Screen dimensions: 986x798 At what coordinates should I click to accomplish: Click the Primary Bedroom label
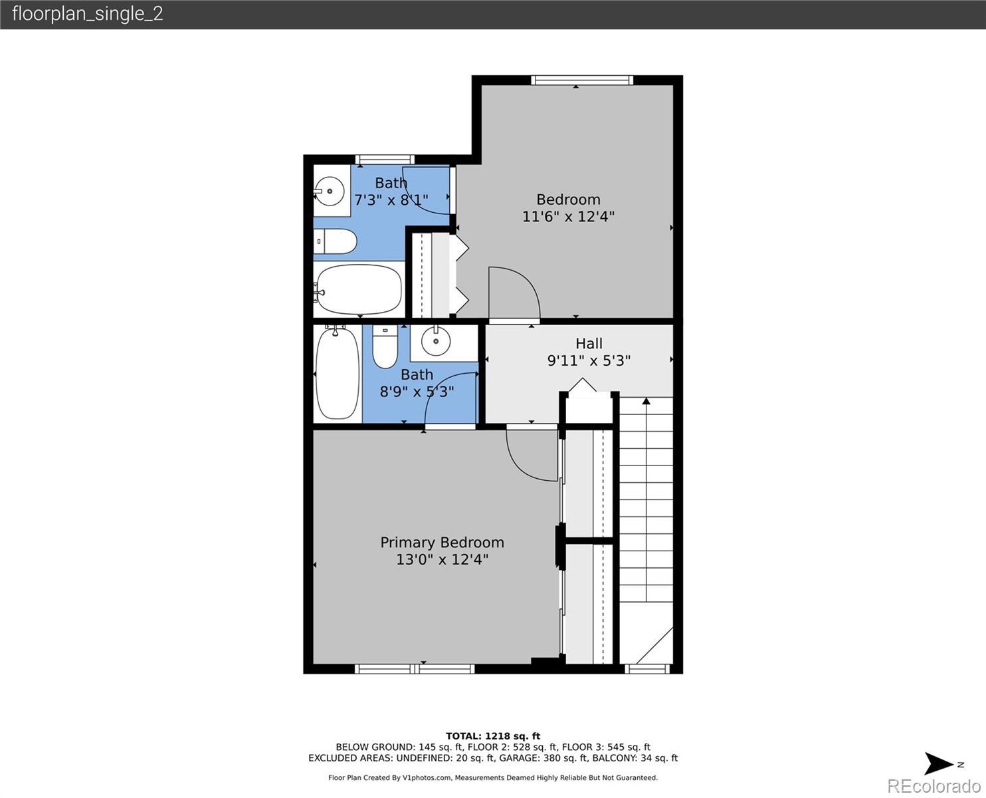(442, 543)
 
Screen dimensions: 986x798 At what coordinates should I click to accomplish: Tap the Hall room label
(589, 344)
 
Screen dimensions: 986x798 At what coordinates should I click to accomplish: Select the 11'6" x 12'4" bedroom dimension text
(569, 217)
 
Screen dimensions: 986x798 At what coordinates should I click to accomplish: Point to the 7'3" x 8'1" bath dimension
(391, 200)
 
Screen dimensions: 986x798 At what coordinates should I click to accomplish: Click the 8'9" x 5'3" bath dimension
(417, 392)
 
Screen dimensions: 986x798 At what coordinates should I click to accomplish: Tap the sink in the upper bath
(329, 191)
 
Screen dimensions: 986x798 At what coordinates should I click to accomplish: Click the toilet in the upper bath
(335, 241)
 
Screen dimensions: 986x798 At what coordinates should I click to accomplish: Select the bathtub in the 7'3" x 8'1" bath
(358, 289)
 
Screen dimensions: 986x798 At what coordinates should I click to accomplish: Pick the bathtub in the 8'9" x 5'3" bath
(338, 373)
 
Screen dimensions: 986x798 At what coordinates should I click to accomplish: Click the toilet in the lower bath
(385, 346)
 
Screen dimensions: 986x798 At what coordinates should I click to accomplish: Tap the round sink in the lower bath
(436, 341)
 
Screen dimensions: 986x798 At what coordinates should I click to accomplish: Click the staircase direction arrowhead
(646, 400)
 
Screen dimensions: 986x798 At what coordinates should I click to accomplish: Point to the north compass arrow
(939, 763)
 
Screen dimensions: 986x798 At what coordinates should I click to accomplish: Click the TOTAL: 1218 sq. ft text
(493, 736)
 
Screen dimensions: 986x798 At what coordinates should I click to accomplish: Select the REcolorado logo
(934, 785)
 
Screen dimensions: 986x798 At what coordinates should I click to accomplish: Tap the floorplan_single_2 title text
(88, 14)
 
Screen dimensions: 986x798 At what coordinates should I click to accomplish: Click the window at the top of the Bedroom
(582, 80)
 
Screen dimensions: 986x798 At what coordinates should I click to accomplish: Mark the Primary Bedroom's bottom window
(415, 669)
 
